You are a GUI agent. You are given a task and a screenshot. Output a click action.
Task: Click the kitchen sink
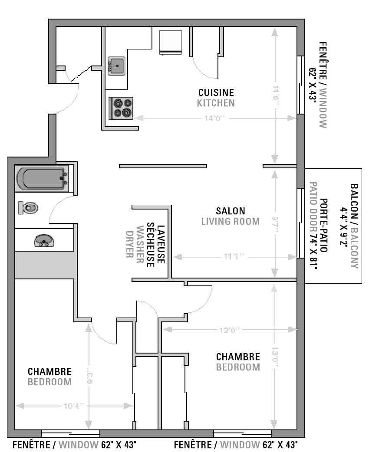(116, 66)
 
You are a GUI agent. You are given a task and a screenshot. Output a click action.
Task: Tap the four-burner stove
(121, 108)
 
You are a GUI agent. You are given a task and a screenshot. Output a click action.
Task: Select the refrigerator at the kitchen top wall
(170, 42)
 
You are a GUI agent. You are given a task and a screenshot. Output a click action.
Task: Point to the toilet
(28, 208)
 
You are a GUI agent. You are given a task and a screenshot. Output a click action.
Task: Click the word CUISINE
(216, 92)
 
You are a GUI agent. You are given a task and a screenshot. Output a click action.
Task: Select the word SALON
(230, 211)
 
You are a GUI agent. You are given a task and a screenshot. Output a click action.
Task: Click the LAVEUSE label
(161, 244)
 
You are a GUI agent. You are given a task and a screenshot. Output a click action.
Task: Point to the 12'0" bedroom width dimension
(230, 330)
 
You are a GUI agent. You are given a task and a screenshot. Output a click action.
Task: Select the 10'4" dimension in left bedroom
(73, 406)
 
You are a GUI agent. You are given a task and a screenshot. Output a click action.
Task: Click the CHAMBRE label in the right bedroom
(238, 357)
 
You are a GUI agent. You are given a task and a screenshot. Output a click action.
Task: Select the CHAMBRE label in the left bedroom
(49, 372)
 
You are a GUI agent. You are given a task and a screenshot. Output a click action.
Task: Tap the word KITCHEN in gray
(216, 103)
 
